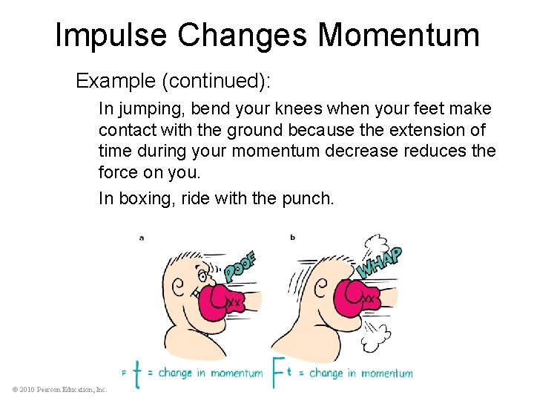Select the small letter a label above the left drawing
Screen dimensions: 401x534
(x=141, y=238)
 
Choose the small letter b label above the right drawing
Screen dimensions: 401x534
(x=292, y=238)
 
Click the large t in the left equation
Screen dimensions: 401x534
(x=136, y=373)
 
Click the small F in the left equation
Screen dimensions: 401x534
(x=124, y=372)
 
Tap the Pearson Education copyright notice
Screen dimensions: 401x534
(x=59, y=389)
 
